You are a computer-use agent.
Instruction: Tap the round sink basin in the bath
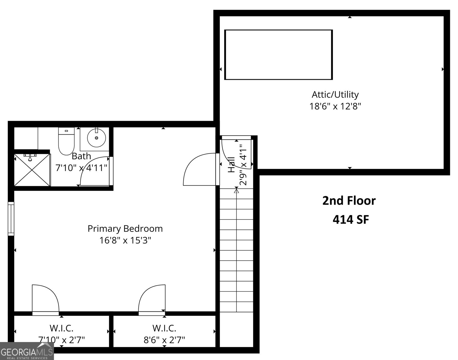tap(96, 138)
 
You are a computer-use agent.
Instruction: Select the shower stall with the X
tap(32, 170)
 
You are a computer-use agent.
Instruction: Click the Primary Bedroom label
tap(125, 229)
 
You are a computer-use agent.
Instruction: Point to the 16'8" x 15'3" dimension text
tap(125, 240)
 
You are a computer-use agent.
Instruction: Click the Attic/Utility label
tap(335, 94)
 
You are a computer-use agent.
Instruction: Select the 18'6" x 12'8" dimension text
tap(335, 106)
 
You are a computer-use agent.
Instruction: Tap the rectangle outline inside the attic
tap(278, 55)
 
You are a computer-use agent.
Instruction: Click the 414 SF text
tap(351, 220)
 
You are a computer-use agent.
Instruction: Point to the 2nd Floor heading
tap(349, 201)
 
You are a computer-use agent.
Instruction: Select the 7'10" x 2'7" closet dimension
tap(62, 340)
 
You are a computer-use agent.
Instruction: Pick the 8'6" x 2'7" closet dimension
tap(164, 340)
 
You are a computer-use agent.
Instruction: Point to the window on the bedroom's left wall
tap(11, 218)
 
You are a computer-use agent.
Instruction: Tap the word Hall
tap(231, 165)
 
